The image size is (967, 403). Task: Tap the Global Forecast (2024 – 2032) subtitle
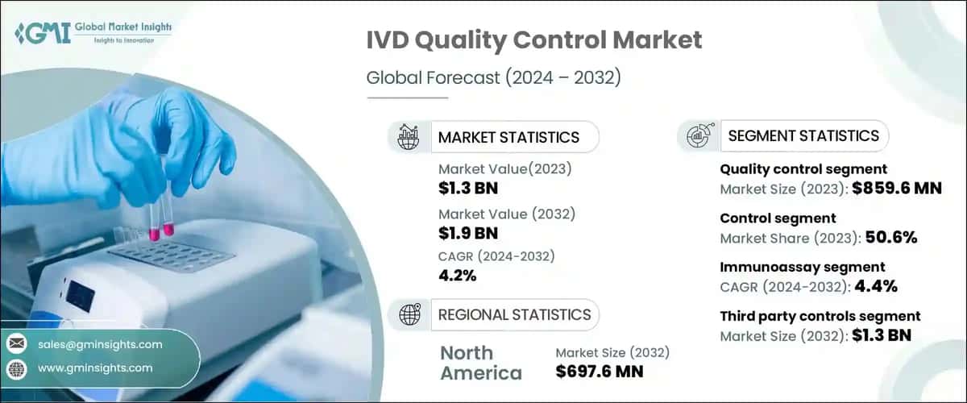click(494, 78)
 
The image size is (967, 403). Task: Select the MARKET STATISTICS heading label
click(508, 137)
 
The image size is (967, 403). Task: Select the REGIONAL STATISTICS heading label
click(514, 315)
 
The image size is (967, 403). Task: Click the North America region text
click(481, 363)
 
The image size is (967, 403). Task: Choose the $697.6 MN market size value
click(600, 372)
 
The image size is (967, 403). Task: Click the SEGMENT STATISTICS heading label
click(803, 135)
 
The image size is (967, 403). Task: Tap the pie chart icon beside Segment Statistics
click(697, 136)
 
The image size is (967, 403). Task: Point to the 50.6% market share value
click(892, 238)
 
